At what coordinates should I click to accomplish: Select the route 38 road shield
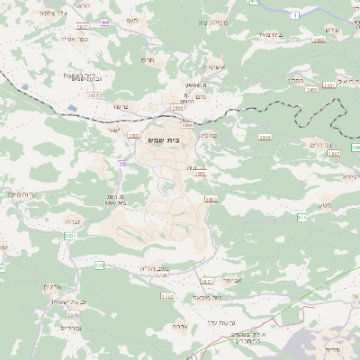121,163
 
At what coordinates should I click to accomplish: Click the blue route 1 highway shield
294,15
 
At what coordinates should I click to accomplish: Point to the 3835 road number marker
94,94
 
